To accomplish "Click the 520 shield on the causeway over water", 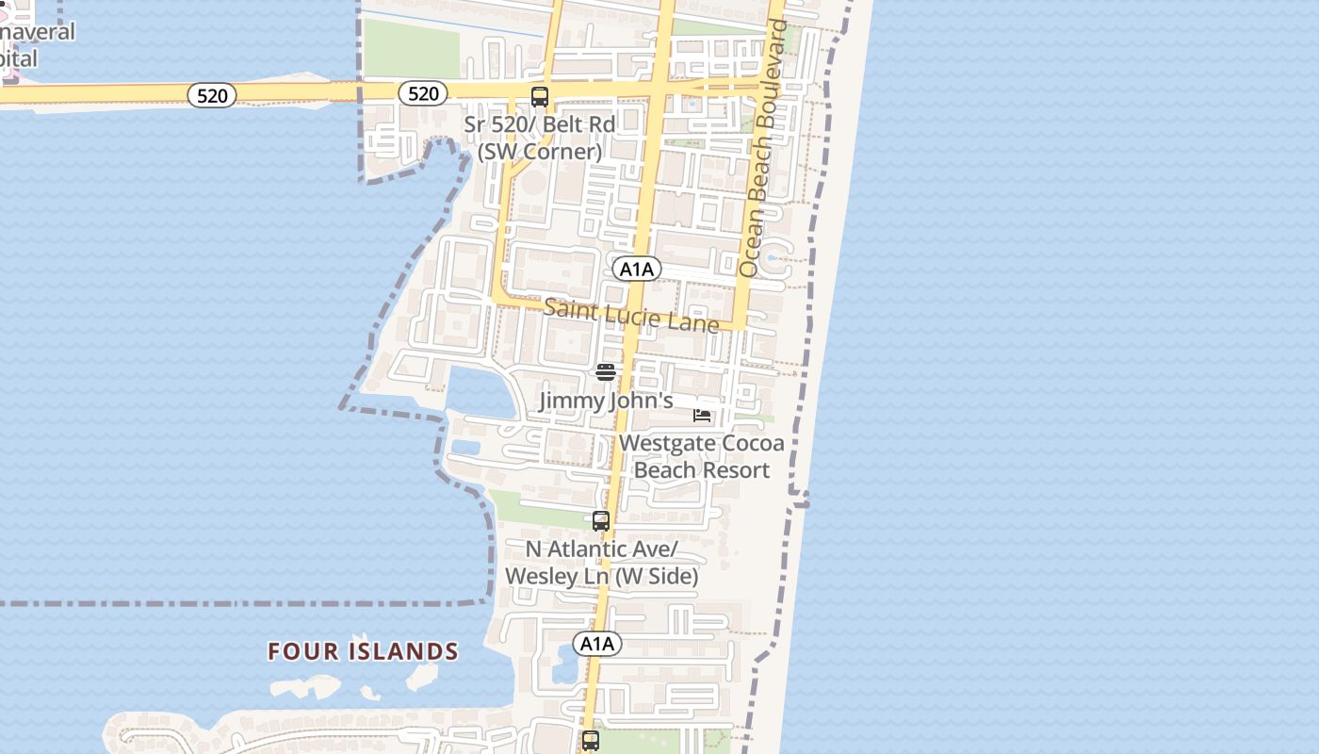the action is [x=212, y=95].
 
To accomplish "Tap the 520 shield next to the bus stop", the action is [x=423, y=93].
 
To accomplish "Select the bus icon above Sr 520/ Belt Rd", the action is [x=540, y=96].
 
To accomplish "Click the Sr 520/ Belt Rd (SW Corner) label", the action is [x=539, y=138].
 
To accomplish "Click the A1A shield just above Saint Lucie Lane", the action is [x=637, y=270].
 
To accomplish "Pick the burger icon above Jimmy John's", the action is [x=606, y=372].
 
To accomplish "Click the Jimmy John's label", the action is [x=606, y=401].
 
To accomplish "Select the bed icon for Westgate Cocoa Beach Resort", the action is [x=702, y=415].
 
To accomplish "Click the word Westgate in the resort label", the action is [x=665, y=443].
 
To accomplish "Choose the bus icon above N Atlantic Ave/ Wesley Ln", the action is [x=601, y=520].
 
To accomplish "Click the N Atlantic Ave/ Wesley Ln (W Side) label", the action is [x=601, y=563].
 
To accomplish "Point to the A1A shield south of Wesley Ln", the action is [x=597, y=644].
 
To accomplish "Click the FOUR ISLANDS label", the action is [x=363, y=651].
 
